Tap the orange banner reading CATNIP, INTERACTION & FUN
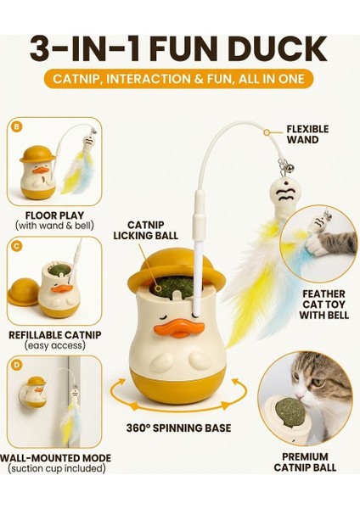178,79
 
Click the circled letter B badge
16,126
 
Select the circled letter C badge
16,246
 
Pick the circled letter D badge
16,365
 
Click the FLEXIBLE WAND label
307,134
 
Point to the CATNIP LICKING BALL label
145,230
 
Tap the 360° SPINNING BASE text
178,428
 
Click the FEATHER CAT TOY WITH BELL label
324,305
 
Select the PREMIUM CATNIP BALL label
305,462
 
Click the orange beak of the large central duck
179,327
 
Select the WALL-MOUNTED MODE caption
55,458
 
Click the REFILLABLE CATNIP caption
55,335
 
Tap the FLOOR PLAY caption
54,215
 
